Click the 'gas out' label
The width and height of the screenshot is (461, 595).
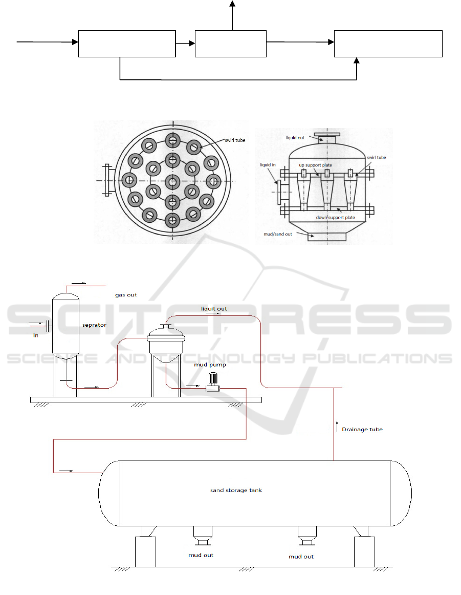[126, 295]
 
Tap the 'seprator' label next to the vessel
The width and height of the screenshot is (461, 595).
[94, 325]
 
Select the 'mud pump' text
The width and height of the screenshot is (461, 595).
[210, 365]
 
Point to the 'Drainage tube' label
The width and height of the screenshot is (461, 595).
[362, 430]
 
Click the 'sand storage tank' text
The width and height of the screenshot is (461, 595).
[236, 490]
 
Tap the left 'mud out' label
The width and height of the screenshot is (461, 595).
[201, 555]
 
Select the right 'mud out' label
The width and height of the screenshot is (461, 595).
[301, 557]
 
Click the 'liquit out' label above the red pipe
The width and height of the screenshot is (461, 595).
[214, 309]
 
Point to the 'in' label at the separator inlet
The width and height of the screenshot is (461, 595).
[36, 335]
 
